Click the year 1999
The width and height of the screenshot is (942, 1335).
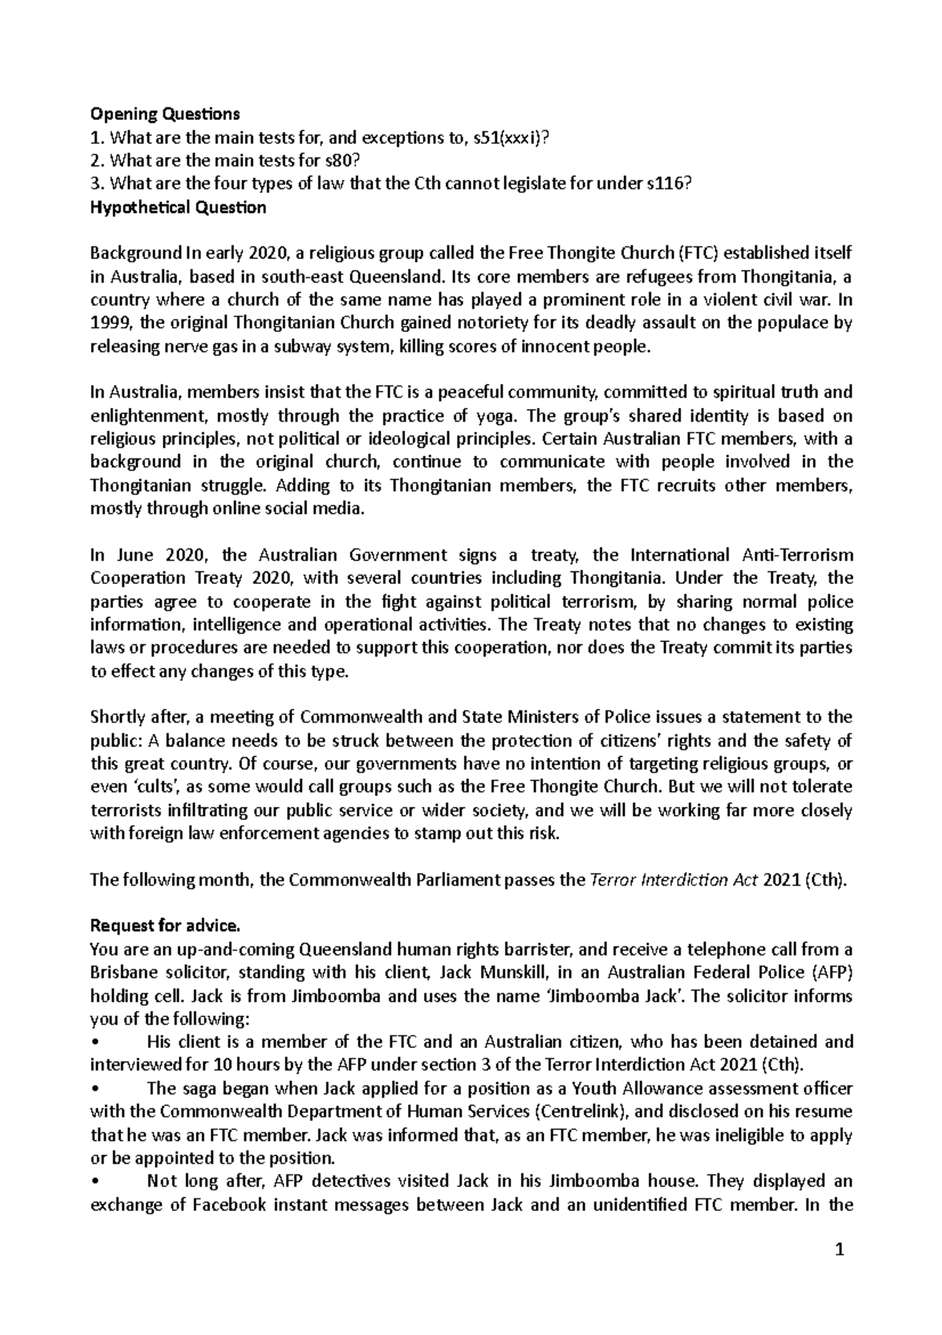click(x=108, y=323)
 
